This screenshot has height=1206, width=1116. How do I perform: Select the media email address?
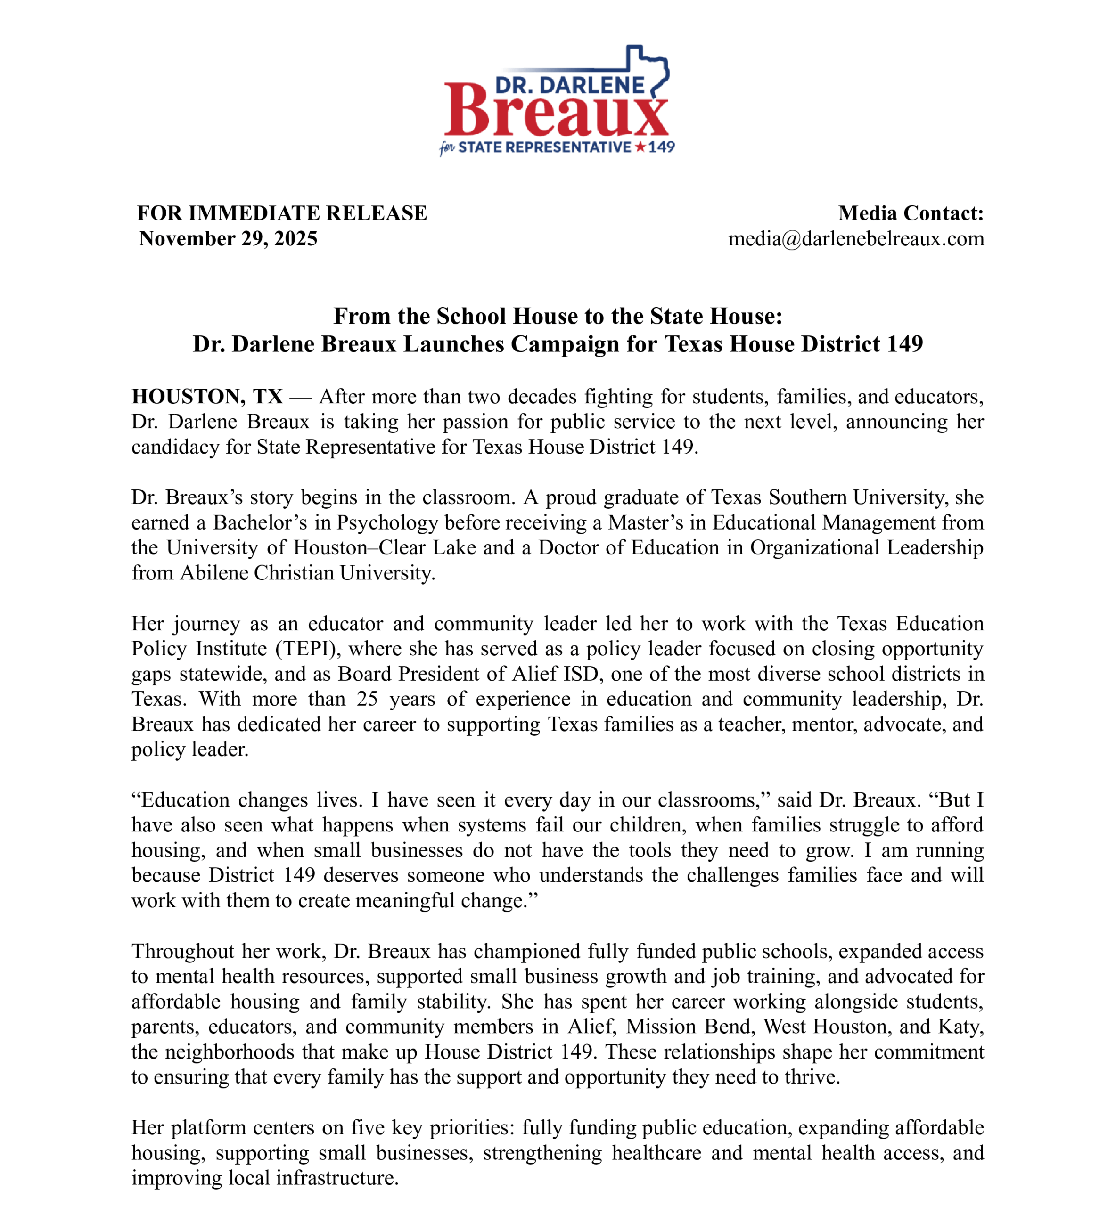coord(856,239)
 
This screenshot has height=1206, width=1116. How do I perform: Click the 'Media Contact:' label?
coord(911,213)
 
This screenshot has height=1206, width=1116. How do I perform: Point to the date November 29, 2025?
coord(228,239)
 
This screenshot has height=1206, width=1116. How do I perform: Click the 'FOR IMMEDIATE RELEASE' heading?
coord(282,213)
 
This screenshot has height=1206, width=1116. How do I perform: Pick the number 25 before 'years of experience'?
coord(367,699)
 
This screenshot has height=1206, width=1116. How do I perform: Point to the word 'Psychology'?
coord(387,523)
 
